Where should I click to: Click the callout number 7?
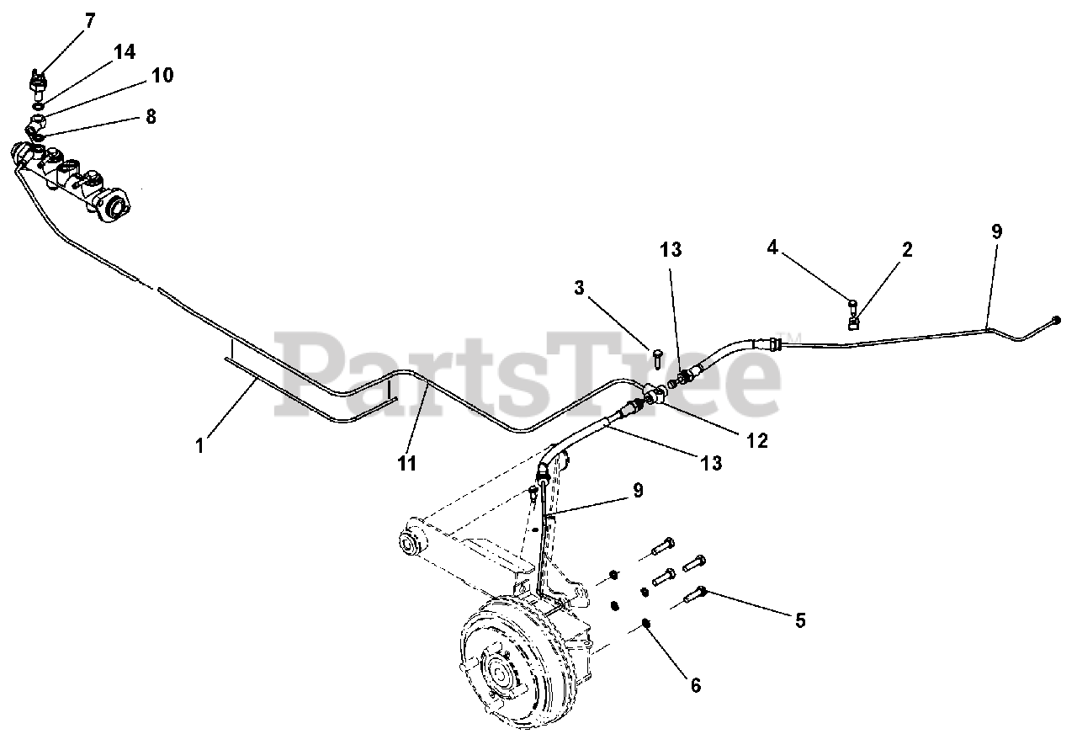coord(89,19)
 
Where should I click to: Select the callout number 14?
coord(124,52)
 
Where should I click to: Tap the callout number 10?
coord(162,75)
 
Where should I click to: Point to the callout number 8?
coord(151,116)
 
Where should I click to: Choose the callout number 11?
coord(407,463)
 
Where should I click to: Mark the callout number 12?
coord(758,439)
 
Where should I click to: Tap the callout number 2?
coord(906,249)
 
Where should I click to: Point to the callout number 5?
coord(800,620)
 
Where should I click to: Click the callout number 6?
coord(695,685)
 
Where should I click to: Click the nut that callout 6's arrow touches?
coord(645,623)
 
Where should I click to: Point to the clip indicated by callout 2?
coord(852,321)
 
